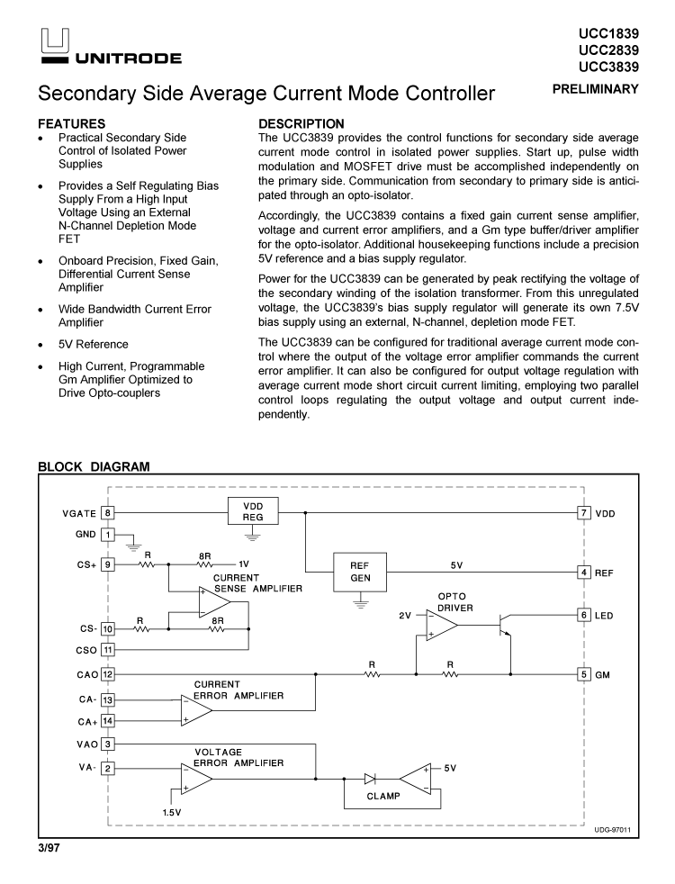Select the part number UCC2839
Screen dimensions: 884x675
click(609, 50)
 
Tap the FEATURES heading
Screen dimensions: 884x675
click(71, 123)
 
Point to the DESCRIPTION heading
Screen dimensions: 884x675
click(301, 123)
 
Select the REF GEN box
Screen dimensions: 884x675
click(359, 573)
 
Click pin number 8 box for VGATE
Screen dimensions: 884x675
click(108, 512)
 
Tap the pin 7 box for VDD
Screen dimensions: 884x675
click(583, 512)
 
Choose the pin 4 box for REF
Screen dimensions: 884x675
click(583, 573)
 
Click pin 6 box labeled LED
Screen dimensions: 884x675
click(583, 615)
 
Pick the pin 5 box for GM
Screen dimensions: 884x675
click(583, 674)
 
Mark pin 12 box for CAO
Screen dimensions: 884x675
click(108, 674)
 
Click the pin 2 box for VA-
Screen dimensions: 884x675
click(108, 768)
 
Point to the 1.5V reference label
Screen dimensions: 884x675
click(172, 812)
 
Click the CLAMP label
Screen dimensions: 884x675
click(383, 796)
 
